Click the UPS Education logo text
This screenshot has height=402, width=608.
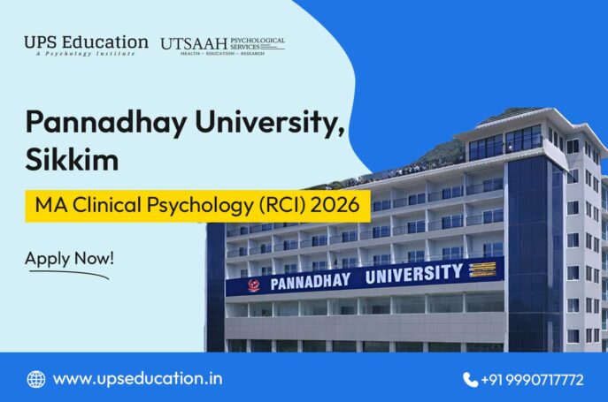coord(86,42)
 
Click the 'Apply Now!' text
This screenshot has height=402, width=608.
coord(69,259)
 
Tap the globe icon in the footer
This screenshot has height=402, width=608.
coord(36,379)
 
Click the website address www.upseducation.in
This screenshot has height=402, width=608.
coord(137,379)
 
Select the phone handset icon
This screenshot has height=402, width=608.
coord(470,380)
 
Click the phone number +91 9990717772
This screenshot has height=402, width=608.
coord(532,380)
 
